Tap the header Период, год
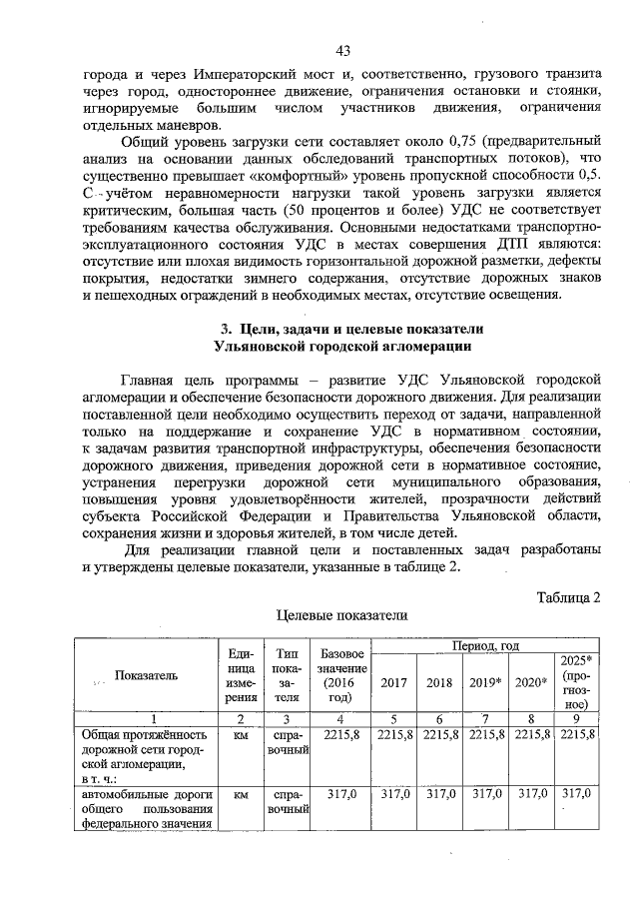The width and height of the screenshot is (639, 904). [x=485, y=646]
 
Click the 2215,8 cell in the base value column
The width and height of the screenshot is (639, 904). [x=341, y=734]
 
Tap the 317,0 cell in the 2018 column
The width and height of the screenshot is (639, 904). [x=440, y=794]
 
